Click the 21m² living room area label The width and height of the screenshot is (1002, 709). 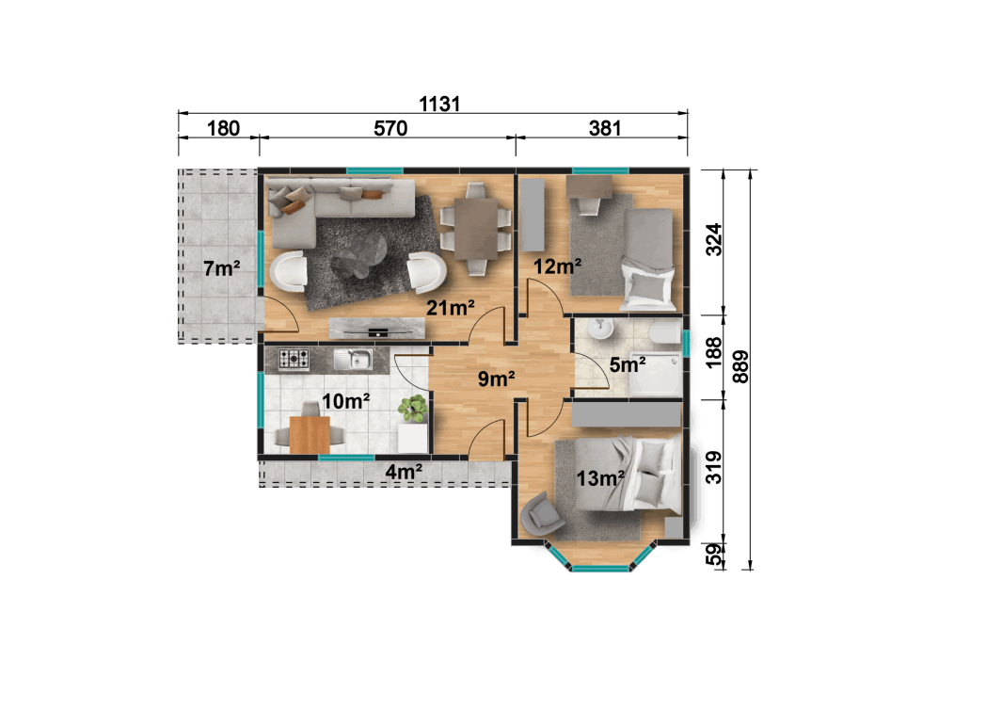pos(450,307)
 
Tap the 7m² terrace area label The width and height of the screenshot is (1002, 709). pos(221,268)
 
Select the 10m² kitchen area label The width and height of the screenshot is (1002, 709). pos(345,402)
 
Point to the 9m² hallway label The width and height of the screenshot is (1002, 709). pos(497,379)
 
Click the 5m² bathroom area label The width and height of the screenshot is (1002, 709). pos(628,364)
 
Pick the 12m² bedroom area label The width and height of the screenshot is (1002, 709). pos(557,266)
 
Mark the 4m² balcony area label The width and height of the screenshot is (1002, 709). pos(404,471)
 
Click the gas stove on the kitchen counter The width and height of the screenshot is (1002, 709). pos(294,358)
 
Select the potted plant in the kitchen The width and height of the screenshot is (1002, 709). pos(412,409)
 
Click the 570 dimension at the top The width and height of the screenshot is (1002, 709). pos(390,129)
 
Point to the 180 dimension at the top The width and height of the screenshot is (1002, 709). pos(223,129)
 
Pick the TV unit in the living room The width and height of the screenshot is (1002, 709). pos(376,329)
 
